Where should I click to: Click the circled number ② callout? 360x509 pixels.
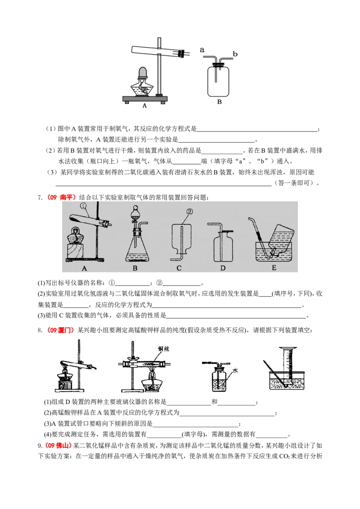coord(189,211)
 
